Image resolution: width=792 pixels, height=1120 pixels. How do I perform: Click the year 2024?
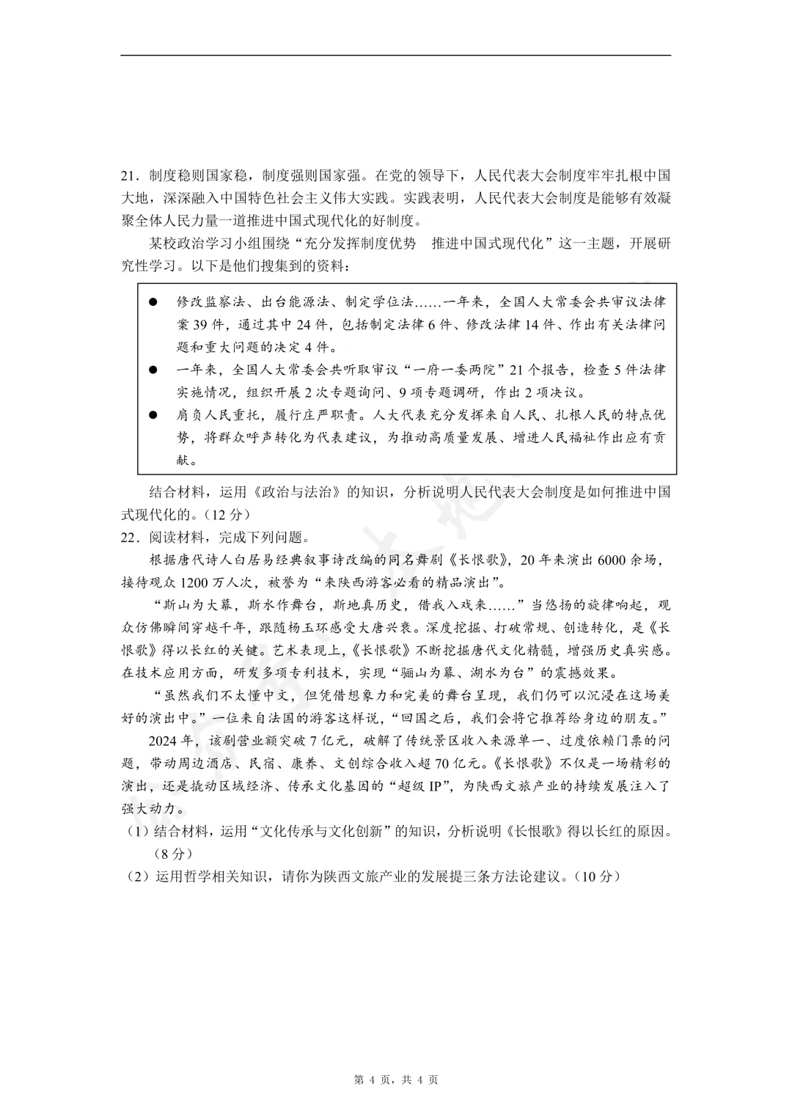click(x=164, y=740)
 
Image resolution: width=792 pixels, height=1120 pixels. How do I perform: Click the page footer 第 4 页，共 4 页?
click(x=396, y=1079)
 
